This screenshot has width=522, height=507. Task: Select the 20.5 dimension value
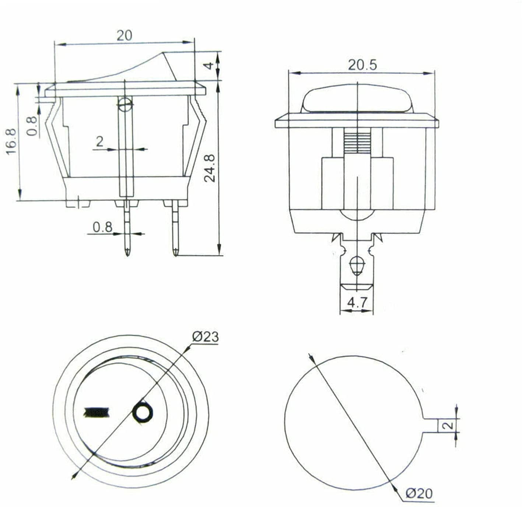pyautogui.click(x=362, y=65)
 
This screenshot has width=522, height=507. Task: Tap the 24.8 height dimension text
pyautogui.click(x=210, y=168)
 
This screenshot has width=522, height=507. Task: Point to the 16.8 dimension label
pyautogui.click(x=11, y=141)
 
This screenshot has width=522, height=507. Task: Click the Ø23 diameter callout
pyautogui.click(x=206, y=337)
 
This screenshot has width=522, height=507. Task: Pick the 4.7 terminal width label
pyautogui.click(x=357, y=303)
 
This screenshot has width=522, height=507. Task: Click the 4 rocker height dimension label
pyautogui.click(x=210, y=66)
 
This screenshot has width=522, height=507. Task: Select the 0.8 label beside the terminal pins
pyautogui.click(x=102, y=227)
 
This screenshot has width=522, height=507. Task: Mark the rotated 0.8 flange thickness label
pyautogui.click(x=32, y=126)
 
